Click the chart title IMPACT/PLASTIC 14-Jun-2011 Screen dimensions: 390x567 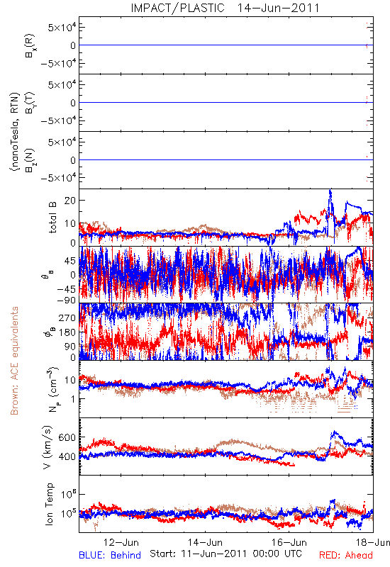point(225,8)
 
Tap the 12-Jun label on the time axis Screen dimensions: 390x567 point(121,542)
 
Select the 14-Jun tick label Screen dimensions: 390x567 point(205,542)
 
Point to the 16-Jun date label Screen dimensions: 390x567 point(289,542)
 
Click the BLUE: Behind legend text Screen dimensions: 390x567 point(110,555)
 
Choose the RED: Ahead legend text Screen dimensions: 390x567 point(346,555)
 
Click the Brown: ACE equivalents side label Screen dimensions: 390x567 point(14,361)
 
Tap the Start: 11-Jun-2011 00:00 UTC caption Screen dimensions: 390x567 point(225,554)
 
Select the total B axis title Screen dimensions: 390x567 point(52,218)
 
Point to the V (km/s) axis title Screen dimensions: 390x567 point(48,447)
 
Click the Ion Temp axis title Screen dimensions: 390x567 point(49,504)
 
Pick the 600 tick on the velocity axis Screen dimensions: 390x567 point(67,437)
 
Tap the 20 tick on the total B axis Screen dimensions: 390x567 point(69,201)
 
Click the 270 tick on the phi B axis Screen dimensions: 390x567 point(67,318)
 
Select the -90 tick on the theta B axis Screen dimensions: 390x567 point(66,300)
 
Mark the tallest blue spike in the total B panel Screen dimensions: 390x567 point(330,191)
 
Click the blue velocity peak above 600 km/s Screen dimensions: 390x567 point(335,432)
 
